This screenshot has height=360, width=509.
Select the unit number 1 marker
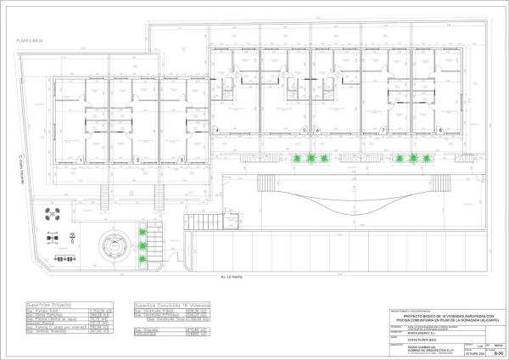point(80,160)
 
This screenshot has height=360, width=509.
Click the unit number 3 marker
point(181,160)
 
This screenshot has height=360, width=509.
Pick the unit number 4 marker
point(218,130)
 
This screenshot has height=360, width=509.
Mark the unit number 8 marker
point(440,130)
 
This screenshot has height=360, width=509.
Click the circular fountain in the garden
point(110,246)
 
